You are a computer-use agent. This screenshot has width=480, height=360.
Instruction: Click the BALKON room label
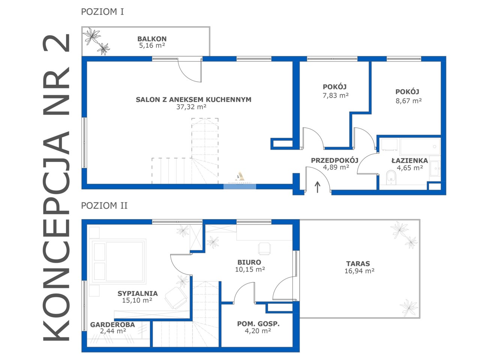pos(152,39)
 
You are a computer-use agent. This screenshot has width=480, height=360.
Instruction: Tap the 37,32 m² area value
pos(191,107)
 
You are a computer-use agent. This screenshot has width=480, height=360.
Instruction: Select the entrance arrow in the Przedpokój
pos(317,187)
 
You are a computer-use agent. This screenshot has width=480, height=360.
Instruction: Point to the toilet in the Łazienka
pos(391,177)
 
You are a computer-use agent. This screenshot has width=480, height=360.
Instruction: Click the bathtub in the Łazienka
pos(420,147)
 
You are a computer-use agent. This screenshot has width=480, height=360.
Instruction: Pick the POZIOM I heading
pos(102,12)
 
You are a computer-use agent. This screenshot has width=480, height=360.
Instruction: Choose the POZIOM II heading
pos(104,205)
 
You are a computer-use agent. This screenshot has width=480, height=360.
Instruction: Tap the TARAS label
pos(358,264)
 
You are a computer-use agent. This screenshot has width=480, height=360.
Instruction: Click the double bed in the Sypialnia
pos(118,261)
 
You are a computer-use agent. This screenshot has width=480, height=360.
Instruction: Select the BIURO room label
pos(249,262)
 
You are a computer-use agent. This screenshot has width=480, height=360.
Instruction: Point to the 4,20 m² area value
pos(258,331)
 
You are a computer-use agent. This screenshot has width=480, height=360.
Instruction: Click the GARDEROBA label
pos(112,325)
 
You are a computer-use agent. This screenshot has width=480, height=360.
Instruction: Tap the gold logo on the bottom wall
pos(239,176)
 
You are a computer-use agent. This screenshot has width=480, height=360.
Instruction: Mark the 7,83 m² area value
pos(336,96)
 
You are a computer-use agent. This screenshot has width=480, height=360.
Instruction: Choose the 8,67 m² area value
pos(409,101)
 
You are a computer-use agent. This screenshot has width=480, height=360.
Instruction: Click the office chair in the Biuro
pos(264,248)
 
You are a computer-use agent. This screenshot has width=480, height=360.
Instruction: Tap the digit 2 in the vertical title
pos(57,43)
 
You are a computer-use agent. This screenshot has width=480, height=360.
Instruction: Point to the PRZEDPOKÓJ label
pos(334,160)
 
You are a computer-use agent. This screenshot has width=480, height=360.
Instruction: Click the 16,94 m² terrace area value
pos(359,271)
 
